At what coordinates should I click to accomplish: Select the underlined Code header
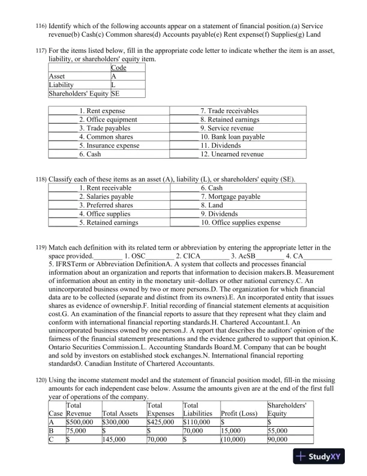pos(119,68)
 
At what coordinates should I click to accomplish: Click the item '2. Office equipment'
pos(108,120)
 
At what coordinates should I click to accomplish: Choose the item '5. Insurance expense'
pos(109,146)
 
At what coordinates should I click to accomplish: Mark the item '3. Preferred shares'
pos(106,206)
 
